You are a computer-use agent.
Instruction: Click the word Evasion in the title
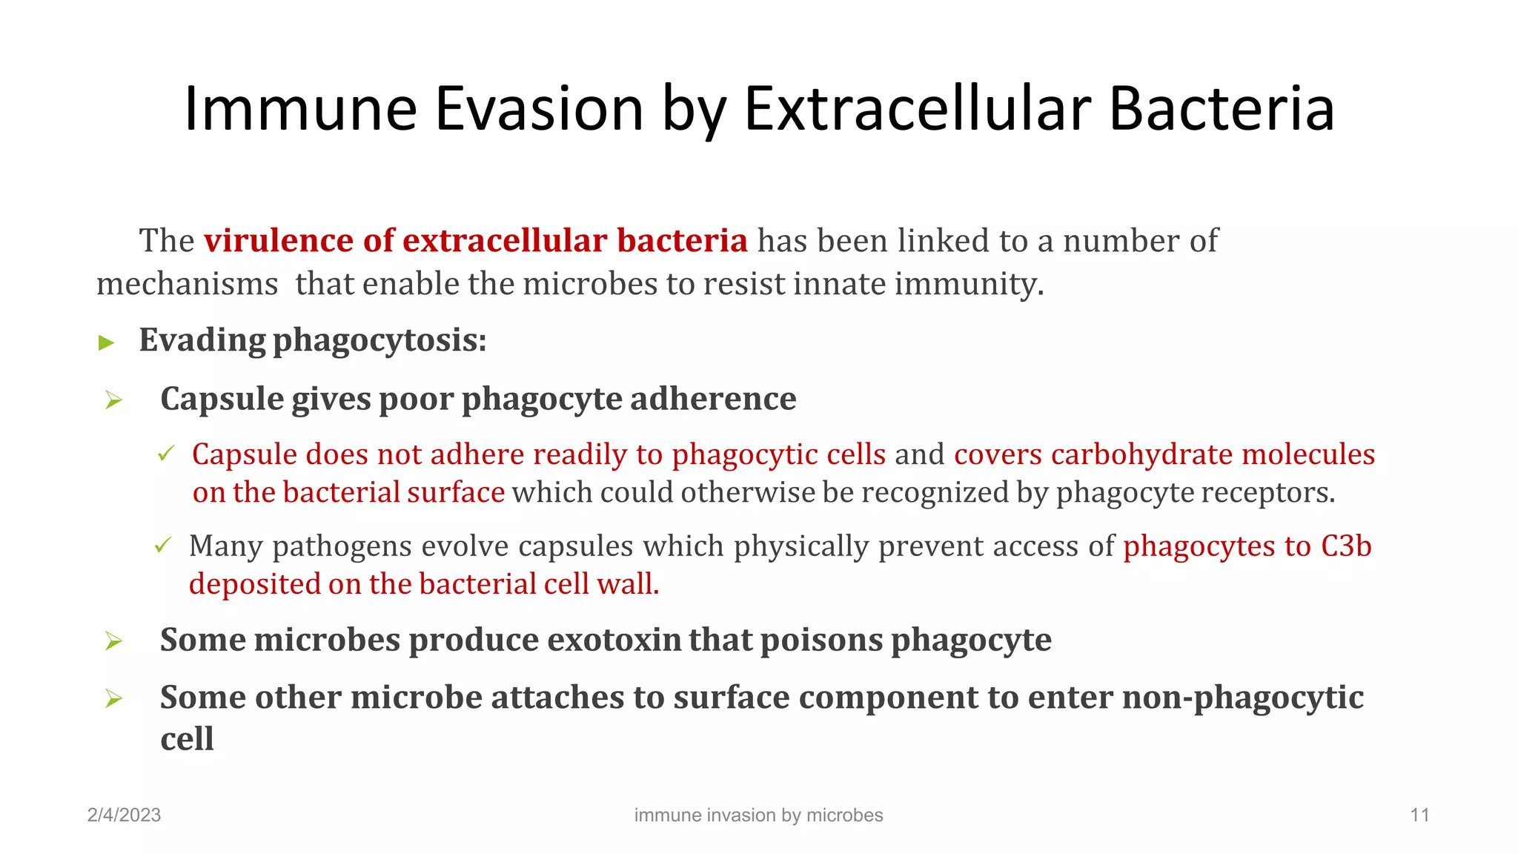(539, 109)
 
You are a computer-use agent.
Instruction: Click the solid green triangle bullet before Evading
(107, 342)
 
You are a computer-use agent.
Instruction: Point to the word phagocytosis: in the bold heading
(379, 341)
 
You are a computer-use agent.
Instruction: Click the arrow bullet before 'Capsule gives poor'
(113, 400)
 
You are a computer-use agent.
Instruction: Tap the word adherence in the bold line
(713, 399)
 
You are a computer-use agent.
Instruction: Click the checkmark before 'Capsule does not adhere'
(166, 453)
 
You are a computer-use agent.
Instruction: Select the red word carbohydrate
(1141, 454)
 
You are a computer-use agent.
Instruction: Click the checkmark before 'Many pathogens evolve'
(163, 546)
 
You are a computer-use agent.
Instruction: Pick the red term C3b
(1346, 546)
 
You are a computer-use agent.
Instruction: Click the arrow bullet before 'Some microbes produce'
(113, 640)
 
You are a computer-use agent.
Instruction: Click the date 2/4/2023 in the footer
(124, 815)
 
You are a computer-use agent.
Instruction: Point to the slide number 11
(1419, 815)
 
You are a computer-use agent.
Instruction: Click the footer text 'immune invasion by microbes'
(758, 815)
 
